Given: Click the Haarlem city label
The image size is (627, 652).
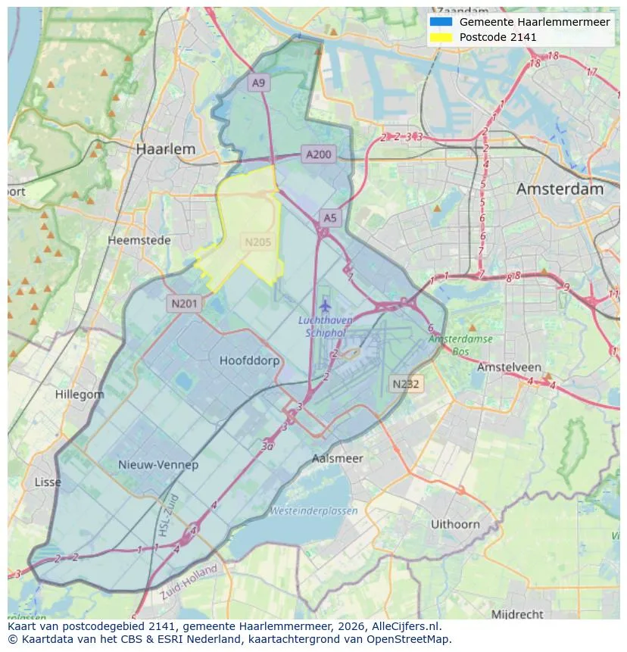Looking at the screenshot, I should coord(165,149).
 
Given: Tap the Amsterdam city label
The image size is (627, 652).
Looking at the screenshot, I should coord(560,189).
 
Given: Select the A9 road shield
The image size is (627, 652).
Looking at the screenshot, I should coord(259,83).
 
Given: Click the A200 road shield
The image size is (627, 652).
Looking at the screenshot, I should coord(318,154).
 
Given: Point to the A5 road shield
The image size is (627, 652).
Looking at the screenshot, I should coord(330,218).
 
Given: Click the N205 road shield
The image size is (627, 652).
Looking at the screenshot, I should coord(257,242).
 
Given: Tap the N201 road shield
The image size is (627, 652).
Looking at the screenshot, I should coord(184,304).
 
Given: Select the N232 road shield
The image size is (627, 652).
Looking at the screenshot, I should coord(406,384).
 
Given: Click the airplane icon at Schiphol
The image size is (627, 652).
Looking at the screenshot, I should coord(326,306).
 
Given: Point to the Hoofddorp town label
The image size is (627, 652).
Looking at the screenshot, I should coord(249,360).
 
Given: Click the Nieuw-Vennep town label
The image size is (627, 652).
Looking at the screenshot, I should coord(158,464).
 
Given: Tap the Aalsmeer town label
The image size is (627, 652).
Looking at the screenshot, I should coord(338,458).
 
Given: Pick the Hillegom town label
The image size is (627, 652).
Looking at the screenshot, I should coord(80,395).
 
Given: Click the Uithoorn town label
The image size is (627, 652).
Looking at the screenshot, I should coord(455,524).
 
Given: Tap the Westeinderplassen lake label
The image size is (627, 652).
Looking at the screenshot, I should coord(313,511).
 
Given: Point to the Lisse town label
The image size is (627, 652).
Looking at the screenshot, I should coord(48,482).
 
